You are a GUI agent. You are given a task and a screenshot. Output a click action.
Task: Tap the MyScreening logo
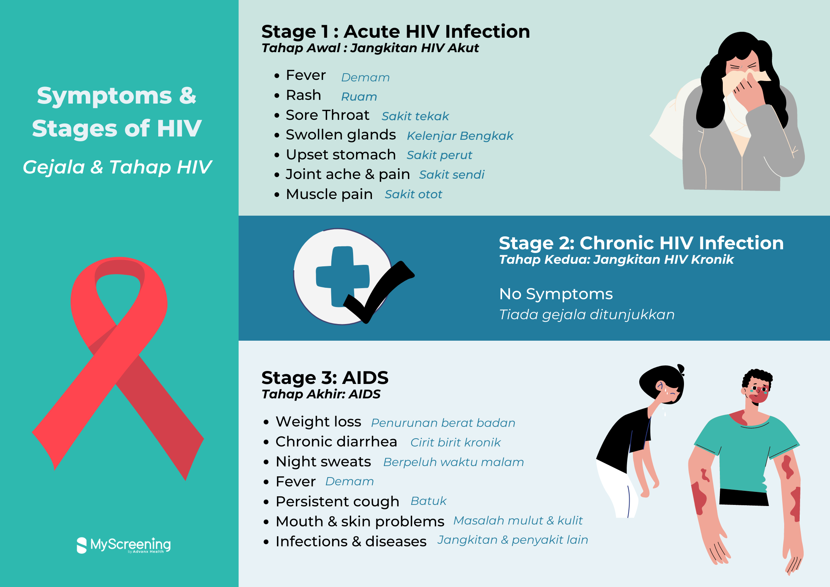click(123, 545)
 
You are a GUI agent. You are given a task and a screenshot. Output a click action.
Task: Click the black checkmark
click(379, 292)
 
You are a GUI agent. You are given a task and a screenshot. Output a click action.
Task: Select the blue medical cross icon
click(342, 276)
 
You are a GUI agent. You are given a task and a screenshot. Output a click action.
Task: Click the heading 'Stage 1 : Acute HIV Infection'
click(396, 31)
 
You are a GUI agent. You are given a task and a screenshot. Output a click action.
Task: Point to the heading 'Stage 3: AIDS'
click(325, 378)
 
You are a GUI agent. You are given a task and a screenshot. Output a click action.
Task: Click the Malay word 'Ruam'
click(359, 97)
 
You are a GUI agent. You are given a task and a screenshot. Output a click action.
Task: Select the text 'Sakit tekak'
click(415, 117)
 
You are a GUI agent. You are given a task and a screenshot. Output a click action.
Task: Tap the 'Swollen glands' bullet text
click(341, 135)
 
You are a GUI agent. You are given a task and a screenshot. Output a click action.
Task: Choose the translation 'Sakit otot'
click(413, 195)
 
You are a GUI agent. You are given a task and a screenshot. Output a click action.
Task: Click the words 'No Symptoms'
click(556, 294)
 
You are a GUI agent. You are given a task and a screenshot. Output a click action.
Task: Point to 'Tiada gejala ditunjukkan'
click(587, 315)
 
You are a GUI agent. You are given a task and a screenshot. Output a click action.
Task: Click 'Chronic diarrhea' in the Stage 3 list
click(336, 442)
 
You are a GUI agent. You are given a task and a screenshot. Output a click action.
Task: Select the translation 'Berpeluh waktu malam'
click(454, 462)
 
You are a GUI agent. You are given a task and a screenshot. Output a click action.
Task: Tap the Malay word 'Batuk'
click(428, 501)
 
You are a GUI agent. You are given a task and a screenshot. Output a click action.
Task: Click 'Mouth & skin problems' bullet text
click(360, 522)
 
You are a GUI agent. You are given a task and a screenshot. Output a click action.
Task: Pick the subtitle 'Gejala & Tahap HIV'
click(117, 167)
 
